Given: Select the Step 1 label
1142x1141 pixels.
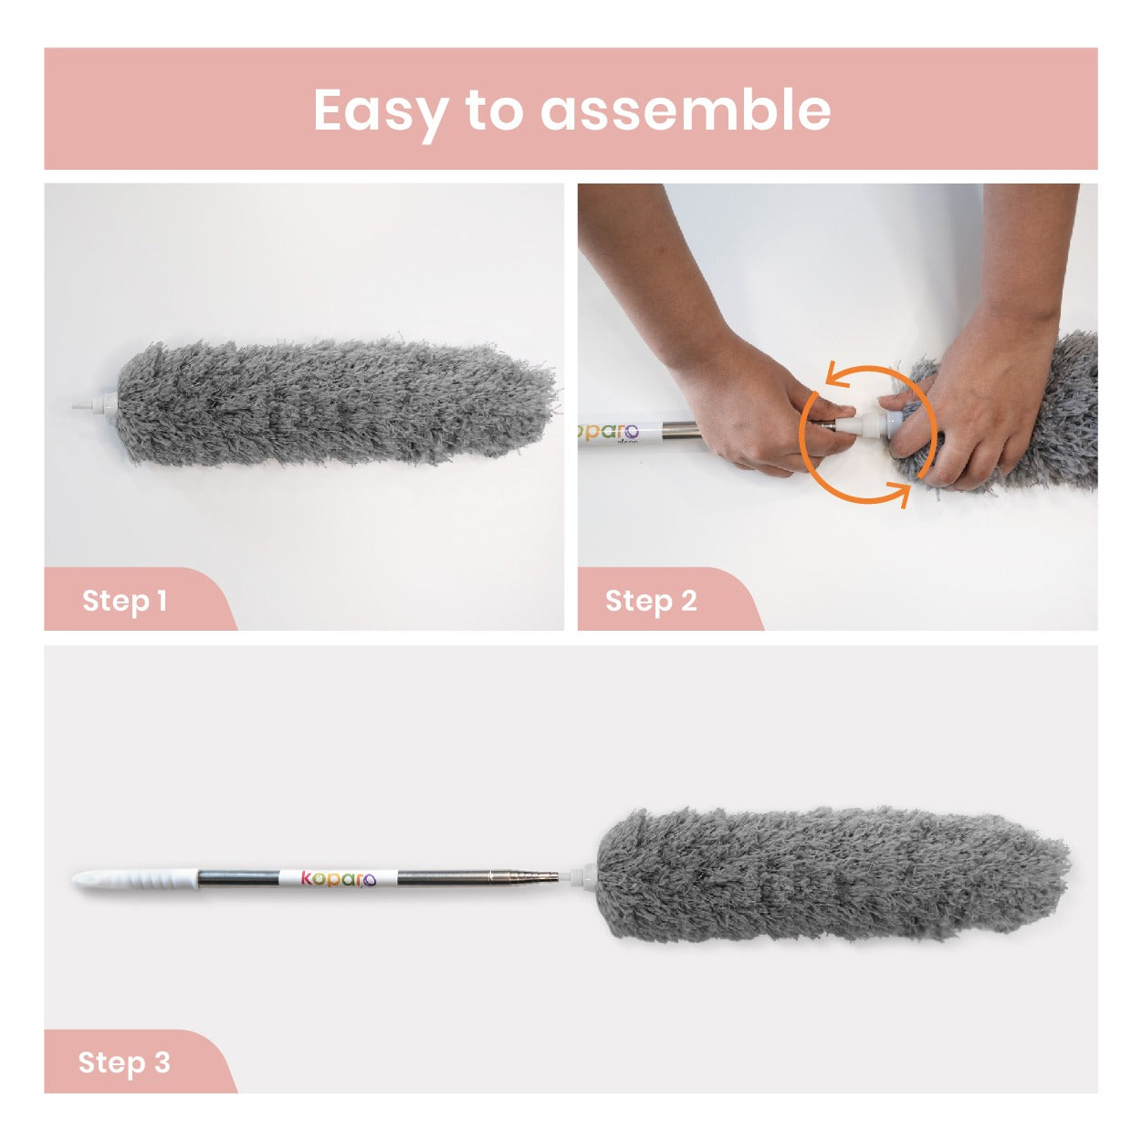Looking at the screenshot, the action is (x=124, y=601).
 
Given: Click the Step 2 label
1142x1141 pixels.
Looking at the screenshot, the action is (x=651, y=601).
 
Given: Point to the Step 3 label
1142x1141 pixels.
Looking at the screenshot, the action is (x=124, y=1062).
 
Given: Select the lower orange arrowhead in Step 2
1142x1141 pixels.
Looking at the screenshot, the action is (x=899, y=494).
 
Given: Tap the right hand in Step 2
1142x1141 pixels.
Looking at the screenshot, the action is (x=984, y=350).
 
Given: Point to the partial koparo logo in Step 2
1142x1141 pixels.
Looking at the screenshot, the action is (x=608, y=432).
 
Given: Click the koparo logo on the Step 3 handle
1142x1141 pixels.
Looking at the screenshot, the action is (x=339, y=878).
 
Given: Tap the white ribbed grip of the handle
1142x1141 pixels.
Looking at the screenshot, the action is (x=135, y=878).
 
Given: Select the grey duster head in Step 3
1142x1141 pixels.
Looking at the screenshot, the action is (x=832, y=874).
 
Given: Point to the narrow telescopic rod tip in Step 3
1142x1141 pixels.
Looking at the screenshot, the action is (x=537, y=874).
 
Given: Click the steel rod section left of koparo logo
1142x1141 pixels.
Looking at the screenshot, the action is (x=239, y=878).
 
